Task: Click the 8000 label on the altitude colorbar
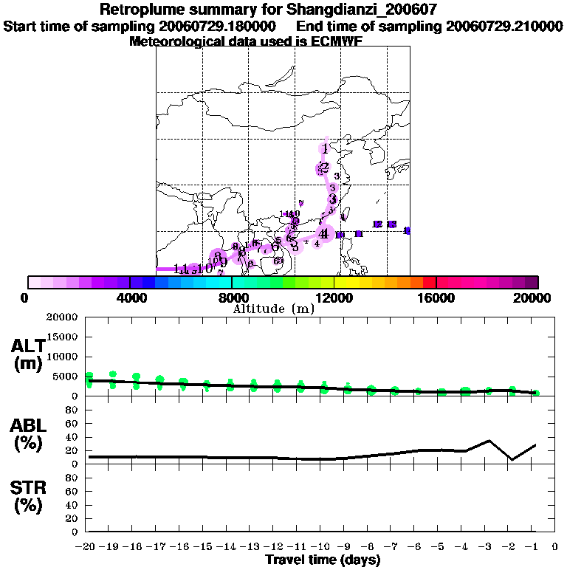(x=232, y=298)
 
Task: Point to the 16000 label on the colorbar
(x=436, y=298)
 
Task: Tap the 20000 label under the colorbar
(x=537, y=298)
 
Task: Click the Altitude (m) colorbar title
(x=273, y=309)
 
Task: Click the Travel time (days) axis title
(x=323, y=560)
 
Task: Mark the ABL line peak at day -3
(x=489, y=441)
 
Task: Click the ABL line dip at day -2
(x=512, y=460)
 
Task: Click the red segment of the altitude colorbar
(x=430, y=282)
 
